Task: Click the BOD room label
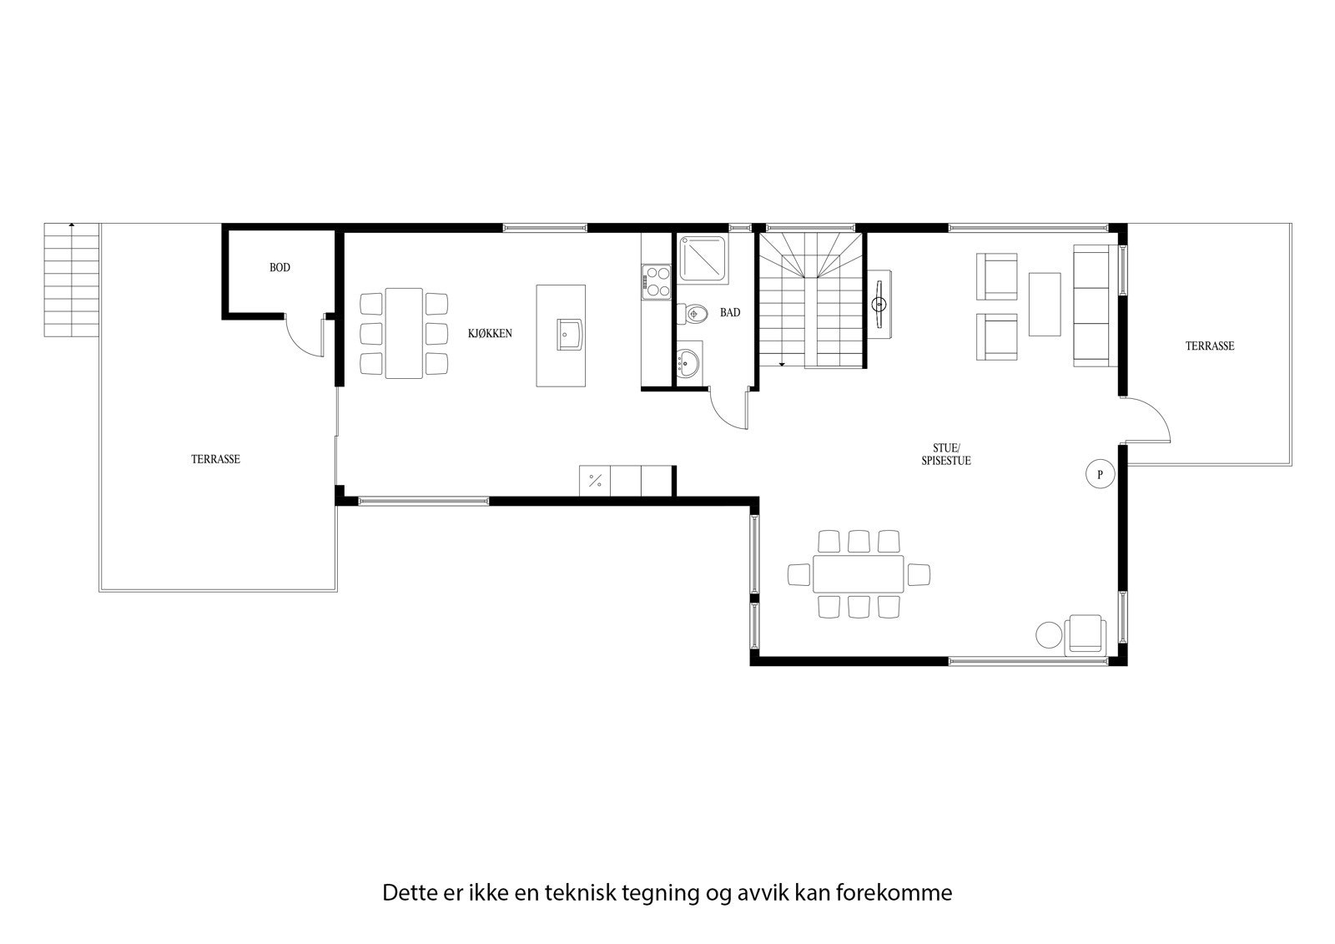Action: point(280,268)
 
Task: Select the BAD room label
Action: point(730,313)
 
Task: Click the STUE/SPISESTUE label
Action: point(946,455)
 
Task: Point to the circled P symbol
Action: point(1100,474)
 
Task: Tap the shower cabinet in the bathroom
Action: point(702,258)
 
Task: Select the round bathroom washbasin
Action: point(688,363)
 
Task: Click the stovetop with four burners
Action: point(657,280)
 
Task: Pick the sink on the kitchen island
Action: point(570,333)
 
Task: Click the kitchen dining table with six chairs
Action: point(404,333)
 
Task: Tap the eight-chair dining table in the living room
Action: point(859,573)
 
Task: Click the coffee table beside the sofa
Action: point(1044,304)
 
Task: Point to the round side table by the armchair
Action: point(1048,634)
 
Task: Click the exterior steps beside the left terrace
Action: point(72,280)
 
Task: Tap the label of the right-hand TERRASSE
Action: point(1209,346)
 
